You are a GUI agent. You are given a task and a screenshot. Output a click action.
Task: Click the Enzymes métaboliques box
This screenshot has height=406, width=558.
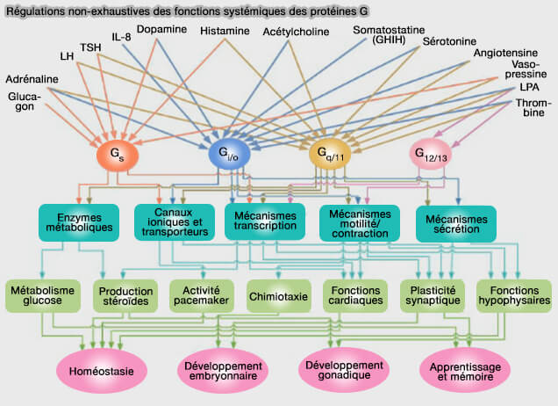pos(79,222)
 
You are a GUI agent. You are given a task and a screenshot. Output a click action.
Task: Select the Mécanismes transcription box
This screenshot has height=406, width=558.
pos(266,222)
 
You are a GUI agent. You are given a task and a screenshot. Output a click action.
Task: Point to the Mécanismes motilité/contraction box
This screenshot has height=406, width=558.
pos(359,222)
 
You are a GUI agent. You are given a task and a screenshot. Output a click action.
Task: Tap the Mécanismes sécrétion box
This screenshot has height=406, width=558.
pos(456,222)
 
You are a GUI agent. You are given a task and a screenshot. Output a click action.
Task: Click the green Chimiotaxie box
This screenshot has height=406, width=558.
pos(279,296)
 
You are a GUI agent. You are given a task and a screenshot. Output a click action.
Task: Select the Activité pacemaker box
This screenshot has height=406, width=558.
pos(201,296)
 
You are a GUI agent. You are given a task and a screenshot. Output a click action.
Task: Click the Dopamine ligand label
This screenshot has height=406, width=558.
pos(161,30)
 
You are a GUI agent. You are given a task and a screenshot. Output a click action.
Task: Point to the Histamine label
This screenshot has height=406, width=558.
pos(224,31)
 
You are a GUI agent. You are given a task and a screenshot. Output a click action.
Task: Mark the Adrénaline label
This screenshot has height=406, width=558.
pos(31,80)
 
